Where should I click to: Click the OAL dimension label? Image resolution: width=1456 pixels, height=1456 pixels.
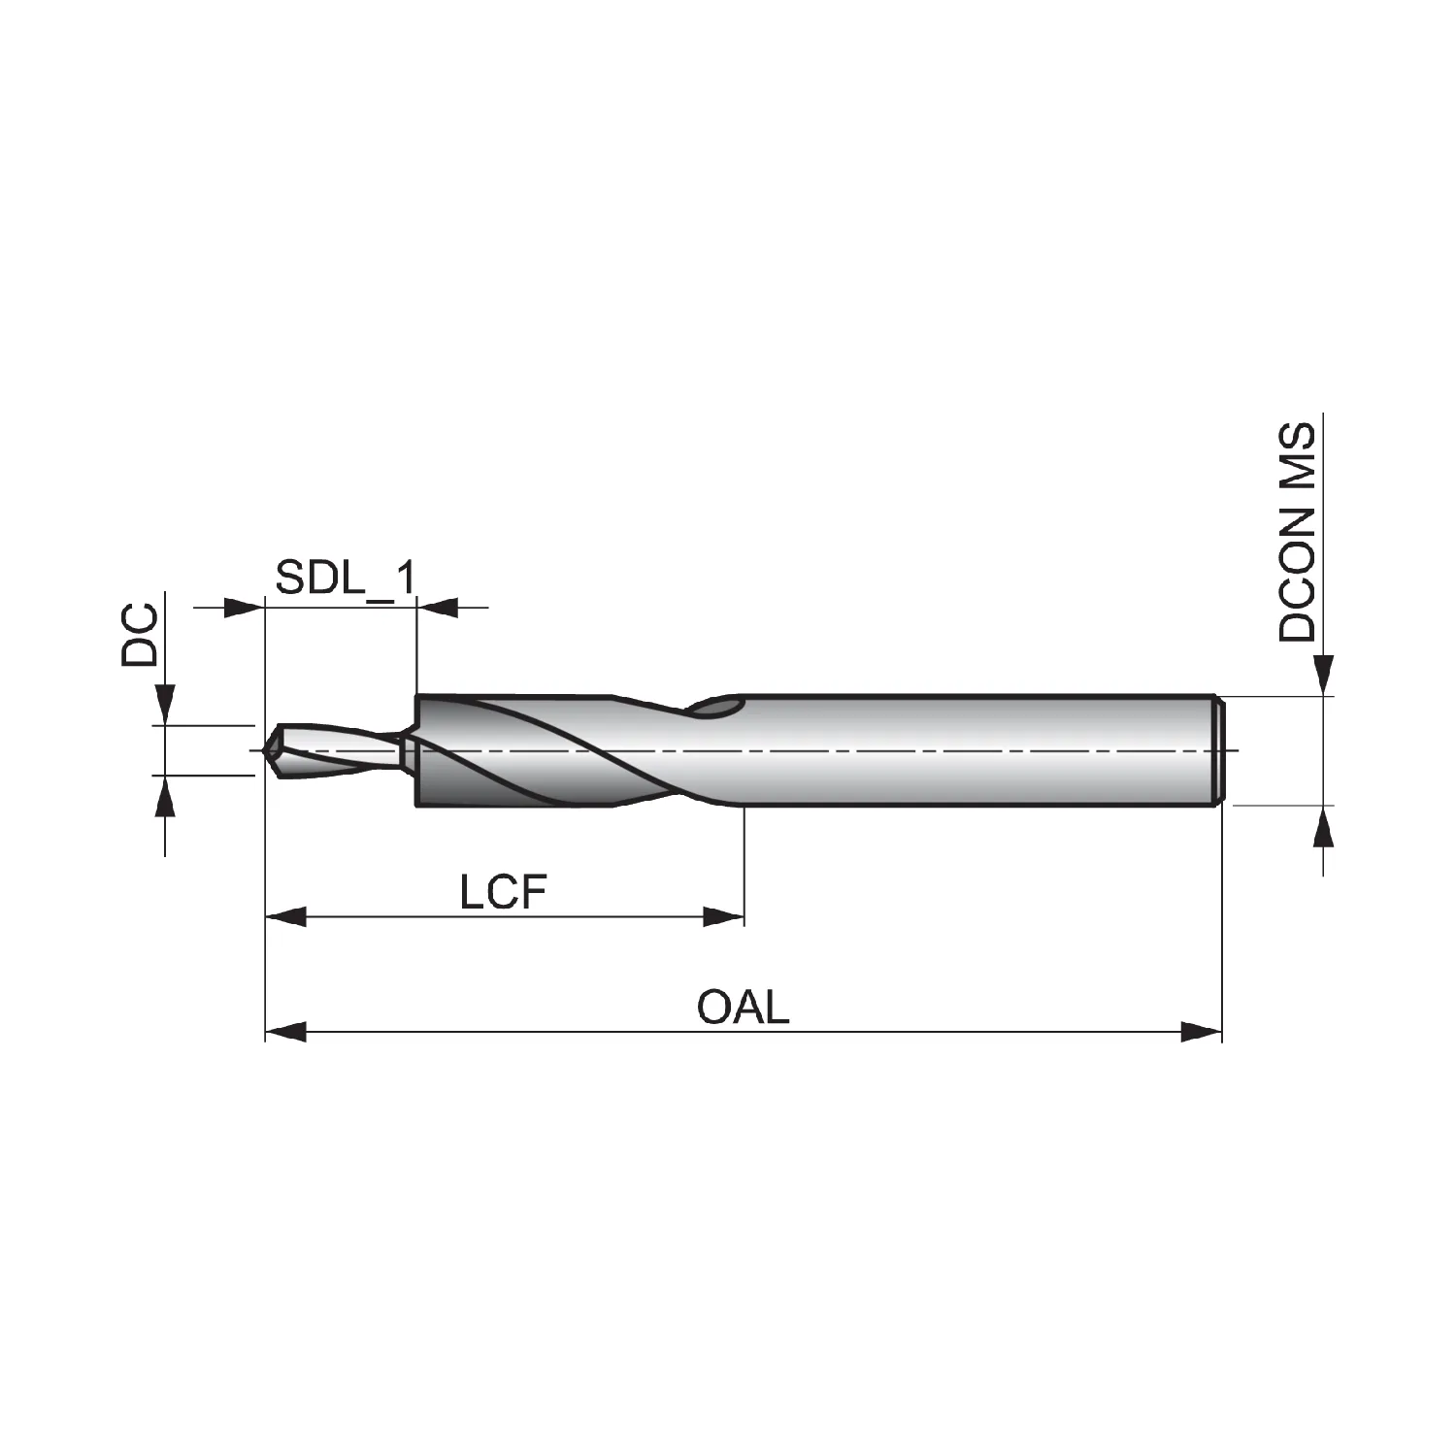tap(744, 1007)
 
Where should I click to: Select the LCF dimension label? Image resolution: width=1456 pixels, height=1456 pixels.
tap(504, 891)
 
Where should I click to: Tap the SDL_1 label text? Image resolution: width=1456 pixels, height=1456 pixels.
tap(346, 579)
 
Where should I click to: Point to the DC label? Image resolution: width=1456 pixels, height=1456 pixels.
tap(139, 635)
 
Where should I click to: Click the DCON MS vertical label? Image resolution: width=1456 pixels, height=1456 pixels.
tap(1298, 533)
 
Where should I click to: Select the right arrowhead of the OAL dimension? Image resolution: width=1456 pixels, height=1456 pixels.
tap(1201, 1032)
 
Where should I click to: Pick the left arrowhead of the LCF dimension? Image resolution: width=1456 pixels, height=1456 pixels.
tap(285, 916)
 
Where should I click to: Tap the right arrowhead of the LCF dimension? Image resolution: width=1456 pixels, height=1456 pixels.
tap(723, 916)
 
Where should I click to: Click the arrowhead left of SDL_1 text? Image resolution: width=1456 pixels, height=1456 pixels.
tap(244, 609)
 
